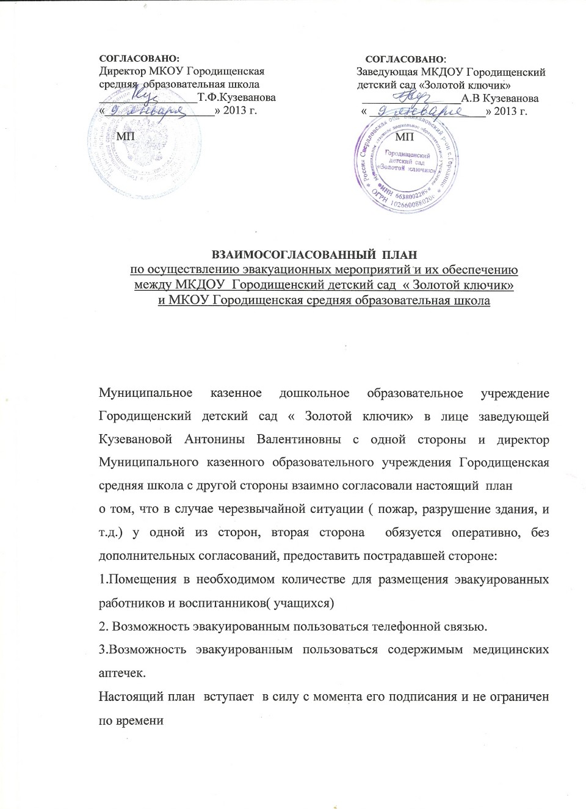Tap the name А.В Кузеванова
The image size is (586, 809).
[x=500, y=98]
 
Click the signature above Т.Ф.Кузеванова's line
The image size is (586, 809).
[x=146, y=95]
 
